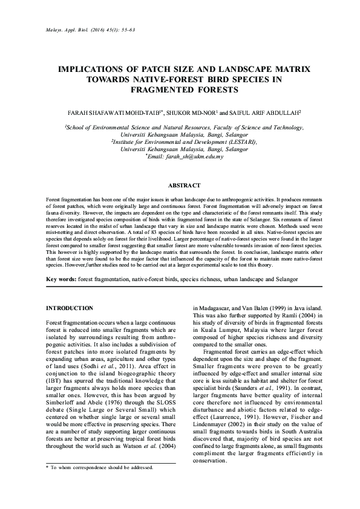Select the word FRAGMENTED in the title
click(157, 91)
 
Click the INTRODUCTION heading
click(70, 308)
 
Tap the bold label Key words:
click(62, 279)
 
